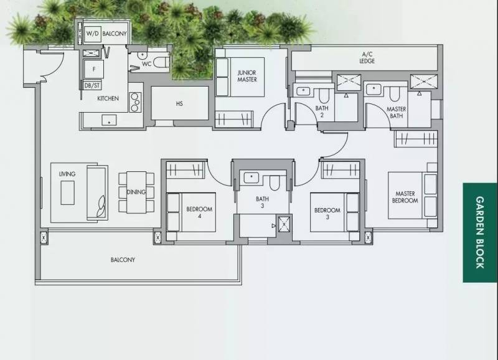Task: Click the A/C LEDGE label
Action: (367, 58)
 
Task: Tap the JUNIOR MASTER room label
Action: (247, 76)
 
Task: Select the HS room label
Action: (179, 103)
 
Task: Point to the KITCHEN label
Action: (108, 98)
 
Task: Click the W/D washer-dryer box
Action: (92, 34)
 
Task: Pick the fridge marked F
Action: (94, 69)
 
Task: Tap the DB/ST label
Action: (92, 86)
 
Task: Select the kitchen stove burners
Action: (135, 102)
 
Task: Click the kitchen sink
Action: (109, 121)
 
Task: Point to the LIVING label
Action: (67, 174)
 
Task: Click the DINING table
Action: (136, 192)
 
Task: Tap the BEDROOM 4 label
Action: (199, 212)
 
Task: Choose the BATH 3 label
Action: (262, 202)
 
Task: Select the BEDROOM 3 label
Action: (327, 214)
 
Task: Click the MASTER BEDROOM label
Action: (405, 197)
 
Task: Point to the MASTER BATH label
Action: (397, 113)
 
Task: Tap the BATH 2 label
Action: (322, 111)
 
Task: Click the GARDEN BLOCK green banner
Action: (480, 232)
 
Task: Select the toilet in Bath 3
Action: (275, 182)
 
